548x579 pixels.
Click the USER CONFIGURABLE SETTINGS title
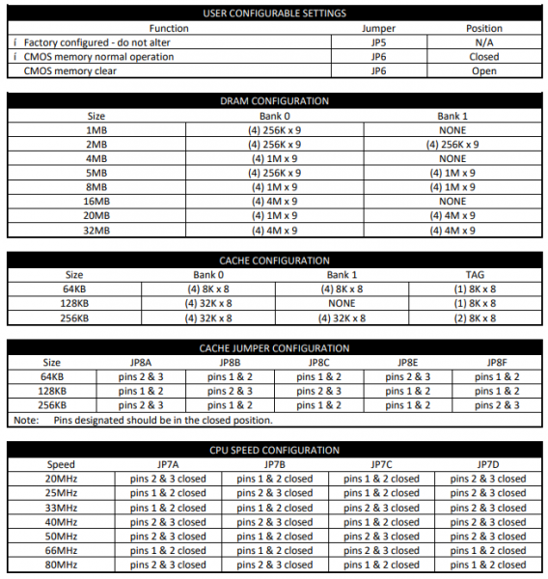(x=274, y=13)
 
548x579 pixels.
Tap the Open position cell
(x=483, y=71)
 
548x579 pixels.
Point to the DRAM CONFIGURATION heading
(x=274, y=100)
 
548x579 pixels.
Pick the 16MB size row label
(x=96, y=202)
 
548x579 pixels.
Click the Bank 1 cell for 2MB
(x=452, y=144)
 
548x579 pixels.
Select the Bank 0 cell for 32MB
(x=274, y=231)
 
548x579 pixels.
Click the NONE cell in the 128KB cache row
(x=342, y=303)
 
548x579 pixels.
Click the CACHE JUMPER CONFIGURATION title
(x=274, y=347)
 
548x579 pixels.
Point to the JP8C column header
(x=318, y=363)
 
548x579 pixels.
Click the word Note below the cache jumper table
(x=24, y=420)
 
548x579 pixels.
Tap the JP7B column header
(x=274, y=464)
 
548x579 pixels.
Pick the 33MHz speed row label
(x=61, y=508)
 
